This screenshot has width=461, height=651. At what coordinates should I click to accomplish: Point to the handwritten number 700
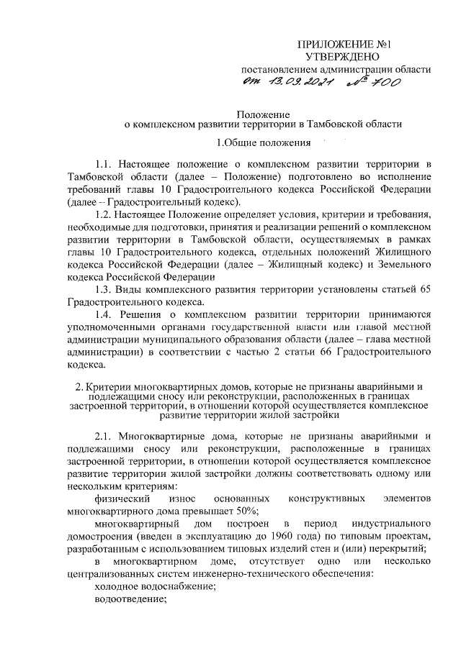click(x=383, y=83)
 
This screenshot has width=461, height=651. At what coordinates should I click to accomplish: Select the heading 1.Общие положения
click(x=263, y=142)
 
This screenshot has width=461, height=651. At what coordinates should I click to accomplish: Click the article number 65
click(x=424, y=288)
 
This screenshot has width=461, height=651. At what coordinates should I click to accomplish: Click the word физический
click(x=122, y=499)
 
